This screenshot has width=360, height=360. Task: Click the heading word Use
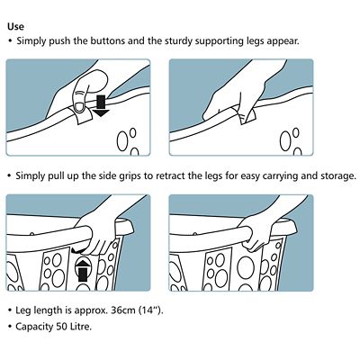pos(15,26)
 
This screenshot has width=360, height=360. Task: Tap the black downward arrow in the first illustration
pos(101,105)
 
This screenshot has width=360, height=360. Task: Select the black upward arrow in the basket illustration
pos(83,270)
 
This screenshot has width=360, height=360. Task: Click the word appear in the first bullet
pos(283,41)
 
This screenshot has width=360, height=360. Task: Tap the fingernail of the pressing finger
pos(80,106)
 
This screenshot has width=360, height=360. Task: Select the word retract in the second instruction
pos(170,175)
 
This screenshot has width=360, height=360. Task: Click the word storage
pos(339,176)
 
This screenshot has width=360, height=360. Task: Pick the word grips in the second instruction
pos(130,176)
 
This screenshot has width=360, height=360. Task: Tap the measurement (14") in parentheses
pos(151,310)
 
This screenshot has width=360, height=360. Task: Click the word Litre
pos(81,326)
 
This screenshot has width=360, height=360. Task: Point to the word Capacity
pos(34,327)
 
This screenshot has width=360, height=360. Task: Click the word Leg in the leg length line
pos(22,310)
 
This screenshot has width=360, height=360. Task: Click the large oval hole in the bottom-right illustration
pos(246,266)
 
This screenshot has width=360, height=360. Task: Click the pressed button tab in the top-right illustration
pos(247,116)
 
